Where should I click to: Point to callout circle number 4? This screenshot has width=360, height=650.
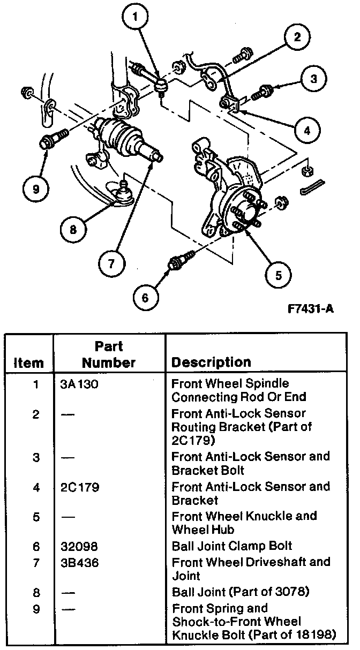point(306,129)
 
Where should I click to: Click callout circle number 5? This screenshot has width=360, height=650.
point(279,275)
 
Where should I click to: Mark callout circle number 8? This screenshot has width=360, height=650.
point(73,230)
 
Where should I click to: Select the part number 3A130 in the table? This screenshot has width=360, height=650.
point(77,384)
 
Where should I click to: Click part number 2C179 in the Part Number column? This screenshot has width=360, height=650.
point(77,487)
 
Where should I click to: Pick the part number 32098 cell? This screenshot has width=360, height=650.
point(77,546)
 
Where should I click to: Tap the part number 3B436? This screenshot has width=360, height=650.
point(77,562)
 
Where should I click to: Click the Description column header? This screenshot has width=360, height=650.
point(211,362)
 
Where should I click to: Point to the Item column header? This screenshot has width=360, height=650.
point(28,363)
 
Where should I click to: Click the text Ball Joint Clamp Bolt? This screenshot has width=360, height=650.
point(232,546)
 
